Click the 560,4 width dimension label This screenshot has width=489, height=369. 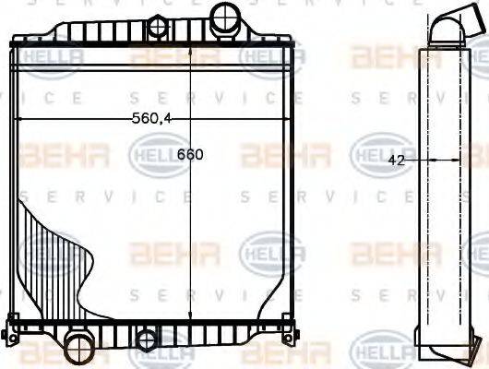152,117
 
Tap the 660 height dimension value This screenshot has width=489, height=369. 189,155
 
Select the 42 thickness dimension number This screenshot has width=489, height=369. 398,160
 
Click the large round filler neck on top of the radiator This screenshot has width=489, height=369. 224,17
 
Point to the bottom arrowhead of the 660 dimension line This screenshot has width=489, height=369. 189,314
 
